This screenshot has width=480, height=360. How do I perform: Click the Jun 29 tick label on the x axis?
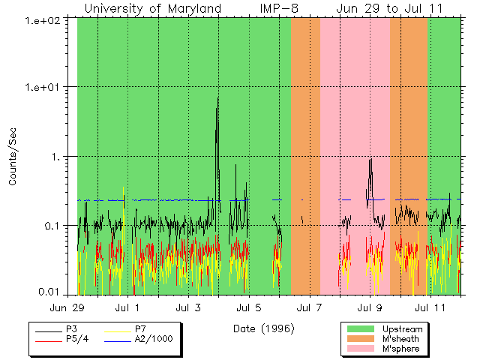[x=67, y=307]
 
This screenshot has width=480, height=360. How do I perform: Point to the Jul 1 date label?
[x=127, y=307]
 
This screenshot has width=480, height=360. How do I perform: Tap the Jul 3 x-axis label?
[x=188, y=307]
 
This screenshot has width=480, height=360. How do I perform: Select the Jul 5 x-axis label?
[x=248, y=307]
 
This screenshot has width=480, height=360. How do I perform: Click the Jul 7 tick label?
[x=309, y=307]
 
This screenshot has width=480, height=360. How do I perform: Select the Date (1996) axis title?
[x=263, y=328]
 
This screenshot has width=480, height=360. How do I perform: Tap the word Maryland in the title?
[x=194, y=8]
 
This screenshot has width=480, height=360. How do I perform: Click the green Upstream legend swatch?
[x=361, y=329]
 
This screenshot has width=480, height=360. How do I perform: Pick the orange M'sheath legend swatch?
[x=361, y=339]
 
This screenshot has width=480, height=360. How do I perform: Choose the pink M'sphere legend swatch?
[x=361, y=349]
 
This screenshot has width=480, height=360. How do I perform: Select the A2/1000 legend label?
[x=154, y=339]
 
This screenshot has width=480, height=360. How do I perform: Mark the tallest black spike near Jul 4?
[x=218, y=98]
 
